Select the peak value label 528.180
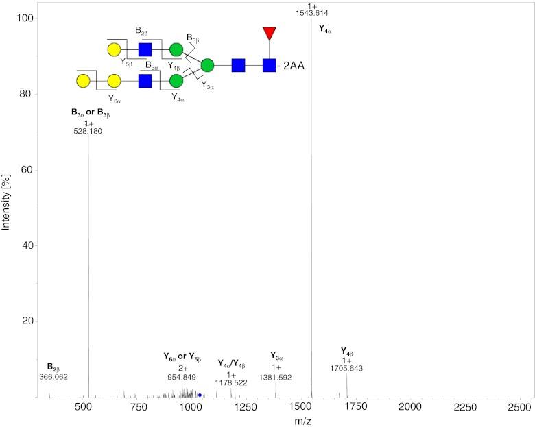(88, 131)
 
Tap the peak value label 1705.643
(346, 369)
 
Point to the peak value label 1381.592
(275, 378)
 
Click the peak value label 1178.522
(231, 384)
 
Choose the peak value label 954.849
(182, 377)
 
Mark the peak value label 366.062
(53, 377)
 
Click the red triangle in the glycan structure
(269, 33)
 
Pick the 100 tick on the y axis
(25, 18)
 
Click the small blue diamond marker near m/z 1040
(200, 395)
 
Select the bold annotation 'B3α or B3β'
(88, 114)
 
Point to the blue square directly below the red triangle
(269, 66)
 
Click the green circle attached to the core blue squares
(207, 66)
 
